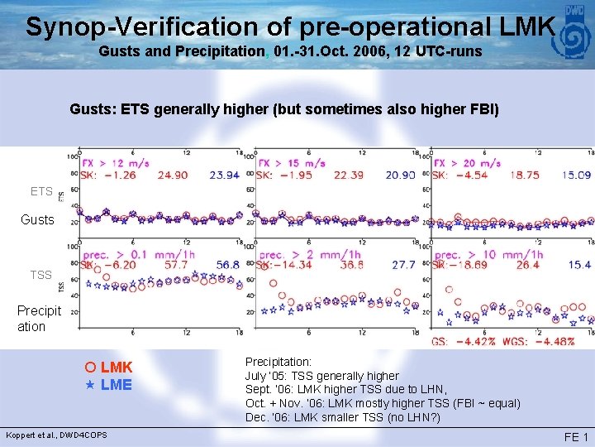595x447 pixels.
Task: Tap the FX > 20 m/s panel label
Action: click(469, 163)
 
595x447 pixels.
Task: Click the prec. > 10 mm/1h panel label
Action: click(488, 254)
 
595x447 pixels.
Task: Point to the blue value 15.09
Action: click(577, 175)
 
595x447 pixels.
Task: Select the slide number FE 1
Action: click(575, 436)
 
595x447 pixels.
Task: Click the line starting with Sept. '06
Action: click(345, 389)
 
